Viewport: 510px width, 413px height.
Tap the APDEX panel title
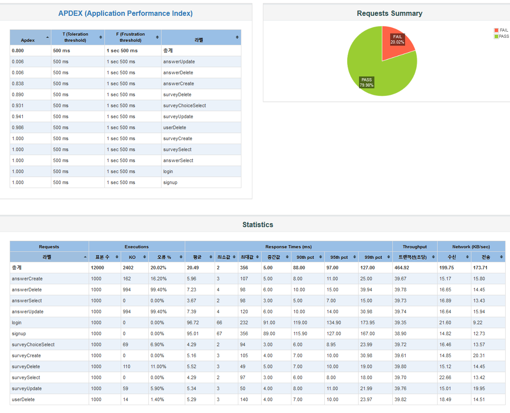tap(126, 13)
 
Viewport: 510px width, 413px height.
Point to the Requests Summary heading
tap(389, 13)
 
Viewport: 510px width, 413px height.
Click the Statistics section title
tap(258, 225)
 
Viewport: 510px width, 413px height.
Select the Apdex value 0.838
tap(18, 83)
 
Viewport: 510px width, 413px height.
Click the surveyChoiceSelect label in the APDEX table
tap(184, 105)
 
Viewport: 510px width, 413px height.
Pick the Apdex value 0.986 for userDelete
tap(18, 127)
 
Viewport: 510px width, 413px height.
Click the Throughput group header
tap(415, 246)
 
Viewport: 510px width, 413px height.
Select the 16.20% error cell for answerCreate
tap(158, 279)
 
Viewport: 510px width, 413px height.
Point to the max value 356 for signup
tap(244, 333)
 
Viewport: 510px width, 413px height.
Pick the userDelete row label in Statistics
tap(23, 399)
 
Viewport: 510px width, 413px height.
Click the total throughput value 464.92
tap(403, 268)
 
